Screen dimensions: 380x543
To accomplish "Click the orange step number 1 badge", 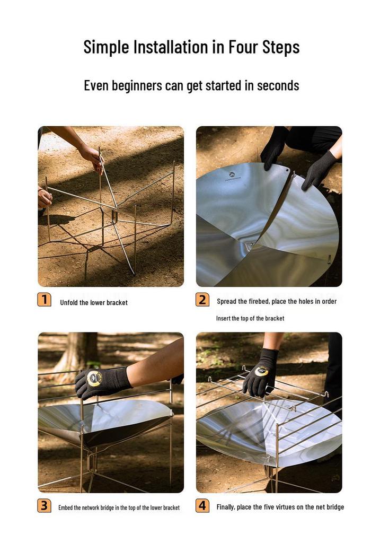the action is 45,300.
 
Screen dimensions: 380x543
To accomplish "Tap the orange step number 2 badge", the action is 202,300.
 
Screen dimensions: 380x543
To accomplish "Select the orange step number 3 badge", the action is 45,505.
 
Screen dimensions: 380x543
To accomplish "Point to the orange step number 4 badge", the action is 202,505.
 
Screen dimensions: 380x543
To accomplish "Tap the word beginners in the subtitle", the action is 137,85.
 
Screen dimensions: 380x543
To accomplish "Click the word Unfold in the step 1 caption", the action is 69,302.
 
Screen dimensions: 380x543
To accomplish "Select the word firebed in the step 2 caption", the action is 259,301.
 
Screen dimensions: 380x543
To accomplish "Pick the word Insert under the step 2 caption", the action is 223,318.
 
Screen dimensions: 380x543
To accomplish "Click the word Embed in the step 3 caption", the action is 65,507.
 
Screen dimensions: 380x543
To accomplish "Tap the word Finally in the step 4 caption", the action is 226,507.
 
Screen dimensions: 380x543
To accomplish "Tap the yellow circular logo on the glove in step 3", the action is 94,379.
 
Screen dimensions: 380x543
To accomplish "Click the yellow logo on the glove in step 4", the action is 261,371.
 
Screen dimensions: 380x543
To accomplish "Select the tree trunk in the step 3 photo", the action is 77,353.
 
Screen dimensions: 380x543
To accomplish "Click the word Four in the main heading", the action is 243,47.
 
